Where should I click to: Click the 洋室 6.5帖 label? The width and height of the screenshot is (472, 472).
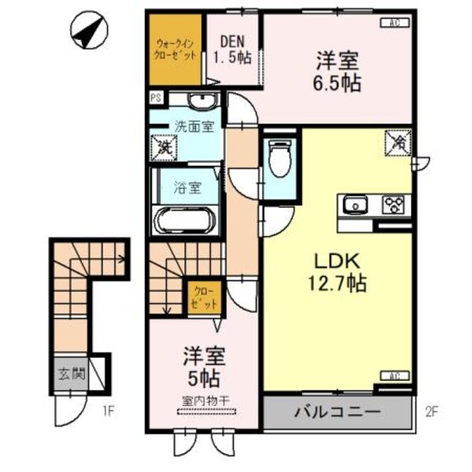(340, 70)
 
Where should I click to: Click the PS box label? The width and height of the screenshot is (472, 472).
(155, 99)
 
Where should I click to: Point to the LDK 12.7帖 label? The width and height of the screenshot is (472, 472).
(340, 271)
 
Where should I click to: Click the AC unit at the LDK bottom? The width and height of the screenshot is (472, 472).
(391, 377)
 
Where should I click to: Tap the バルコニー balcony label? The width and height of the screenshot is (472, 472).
(338, 411)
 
